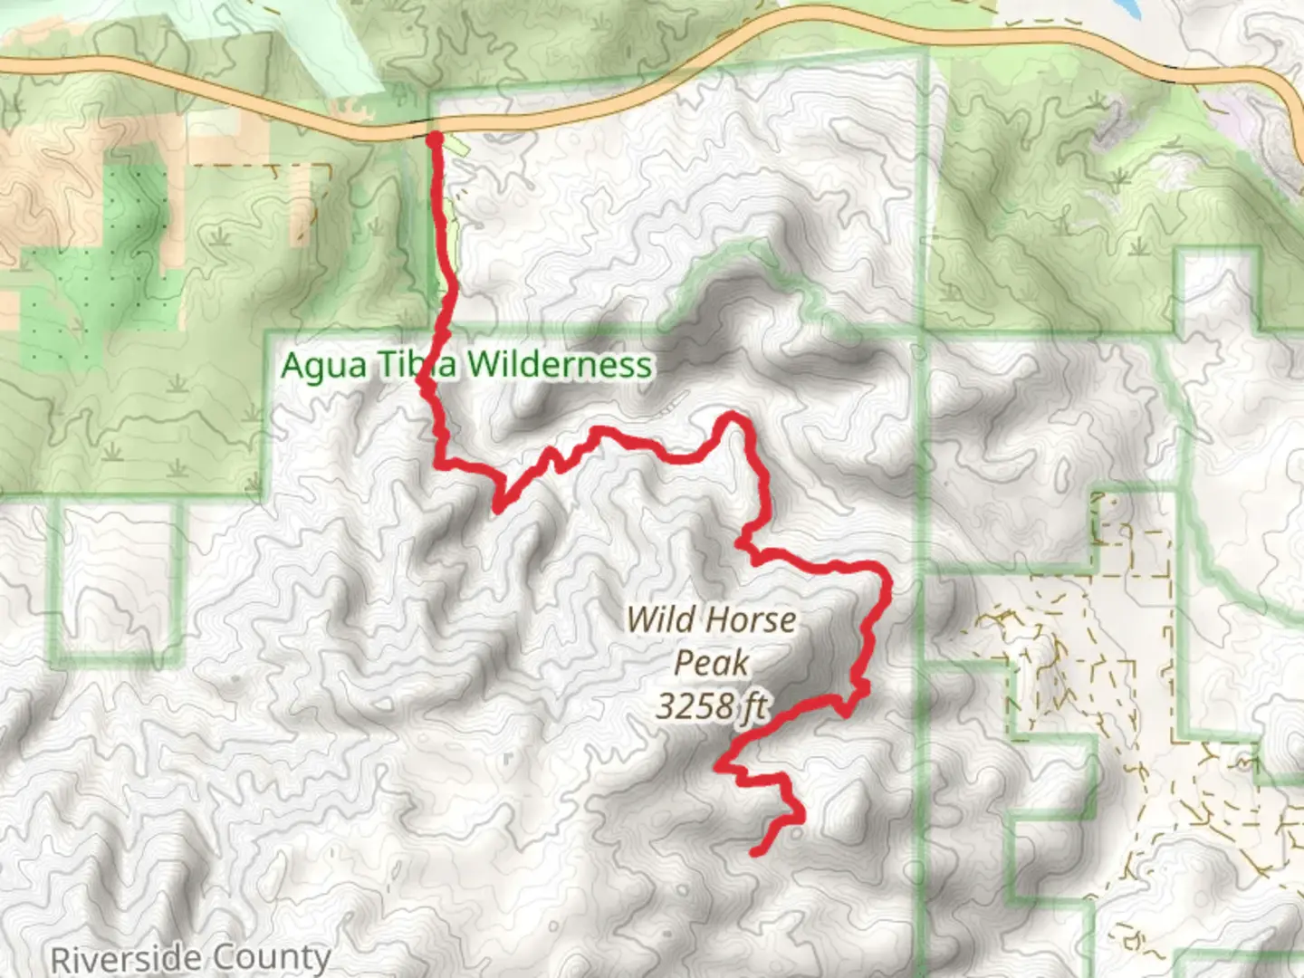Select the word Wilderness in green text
560,364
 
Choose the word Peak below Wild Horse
712,663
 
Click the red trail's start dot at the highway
434,138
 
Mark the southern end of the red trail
755,851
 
